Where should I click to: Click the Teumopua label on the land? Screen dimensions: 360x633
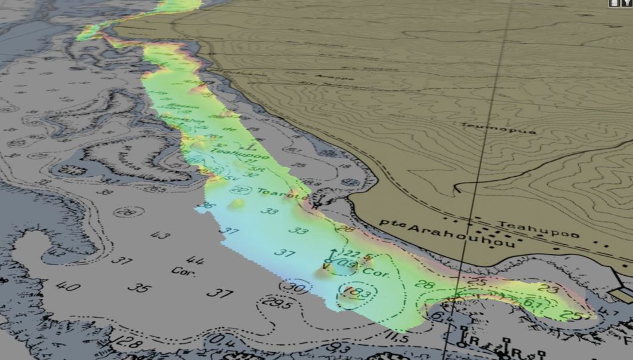[x=497, y=128]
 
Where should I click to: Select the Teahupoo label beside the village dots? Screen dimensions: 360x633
[x=539, y=229]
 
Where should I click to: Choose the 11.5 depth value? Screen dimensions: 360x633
[x=397, y=339]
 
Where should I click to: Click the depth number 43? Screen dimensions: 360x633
[x=160, y=235]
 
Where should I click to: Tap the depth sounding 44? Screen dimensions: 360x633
[x=195, y=260]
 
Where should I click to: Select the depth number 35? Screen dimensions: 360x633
[x=139, y=288]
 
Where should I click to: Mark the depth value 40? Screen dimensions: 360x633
[x=68, y=286]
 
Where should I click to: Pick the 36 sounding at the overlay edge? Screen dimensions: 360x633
[x=207, y=206]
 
